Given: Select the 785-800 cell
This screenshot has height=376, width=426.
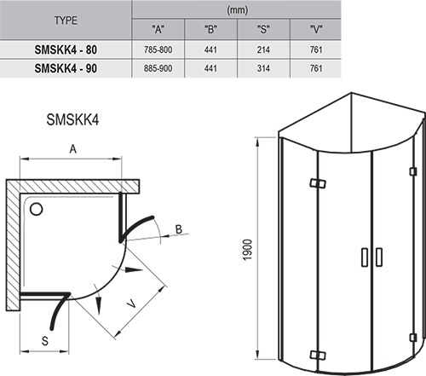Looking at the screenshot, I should (x=159, y=49).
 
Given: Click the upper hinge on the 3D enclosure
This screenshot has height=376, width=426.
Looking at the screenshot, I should (x=317, y=184).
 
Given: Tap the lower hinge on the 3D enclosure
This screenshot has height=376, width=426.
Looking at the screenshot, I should (x=317, y=353).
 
